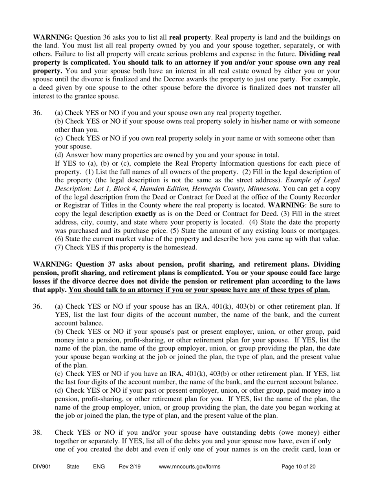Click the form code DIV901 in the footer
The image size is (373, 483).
click(42, 467)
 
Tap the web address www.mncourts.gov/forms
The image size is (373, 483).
click(190, 467)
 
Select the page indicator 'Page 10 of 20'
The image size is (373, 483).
click(299, 467)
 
